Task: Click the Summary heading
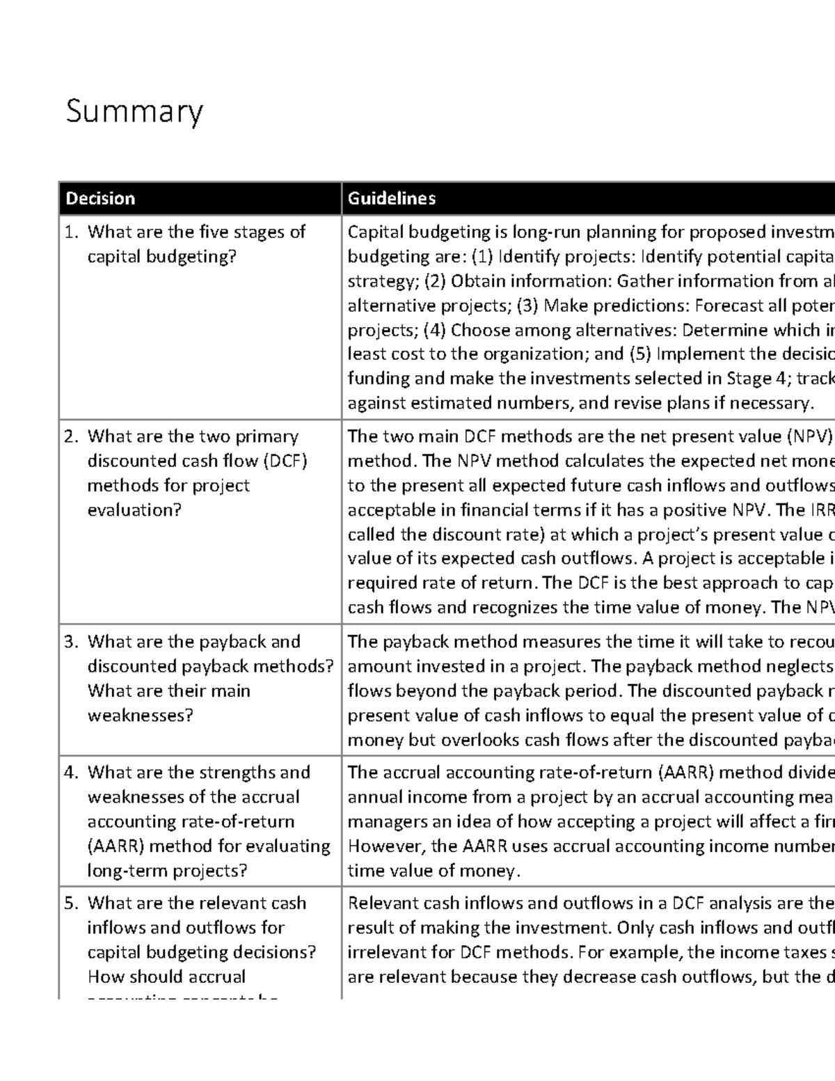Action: pos(134,112)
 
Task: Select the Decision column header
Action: pos(100,199)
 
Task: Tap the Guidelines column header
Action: pos(392,199)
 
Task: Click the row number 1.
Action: pos(71,232)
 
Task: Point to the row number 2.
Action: pos(71,437)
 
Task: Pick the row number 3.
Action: pos(71,642)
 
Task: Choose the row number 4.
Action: pos(71,773)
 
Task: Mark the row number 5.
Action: pos(71,904)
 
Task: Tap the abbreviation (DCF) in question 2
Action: pos(285,461)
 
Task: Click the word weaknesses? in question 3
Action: pos(140,716)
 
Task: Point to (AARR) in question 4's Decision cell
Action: pos(116,846)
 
